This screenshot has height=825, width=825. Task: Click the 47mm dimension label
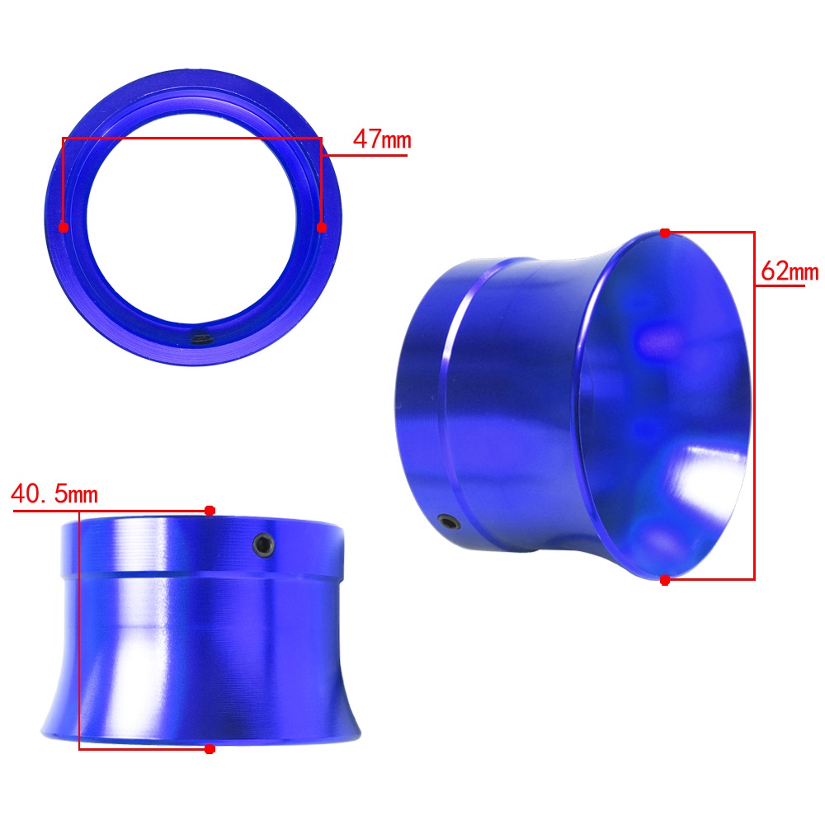pyautogui.click(x=382, y=139)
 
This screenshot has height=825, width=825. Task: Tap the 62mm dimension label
pyautogui.click(x=790, y=271)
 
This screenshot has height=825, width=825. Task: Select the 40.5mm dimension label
pyautogui.click(x=54, y=494)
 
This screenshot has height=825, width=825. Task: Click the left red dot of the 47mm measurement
pyautogui.click(x=64, y=228)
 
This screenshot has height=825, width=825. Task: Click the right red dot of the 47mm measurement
pyautogui.click(x=322, y=228)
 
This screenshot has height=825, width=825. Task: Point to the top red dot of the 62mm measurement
pyautogui.click(x=665, y=233)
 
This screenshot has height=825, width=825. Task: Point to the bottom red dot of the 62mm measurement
pyautogui.click(x=665, y=580)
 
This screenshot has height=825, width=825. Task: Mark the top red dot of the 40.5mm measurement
pyautogui.click(x=210, y=511)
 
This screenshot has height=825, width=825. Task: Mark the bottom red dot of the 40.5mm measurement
pyautogui.click(x=210, y=749)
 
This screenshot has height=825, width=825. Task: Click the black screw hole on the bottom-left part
pyautogui.click(x=264, y=544)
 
